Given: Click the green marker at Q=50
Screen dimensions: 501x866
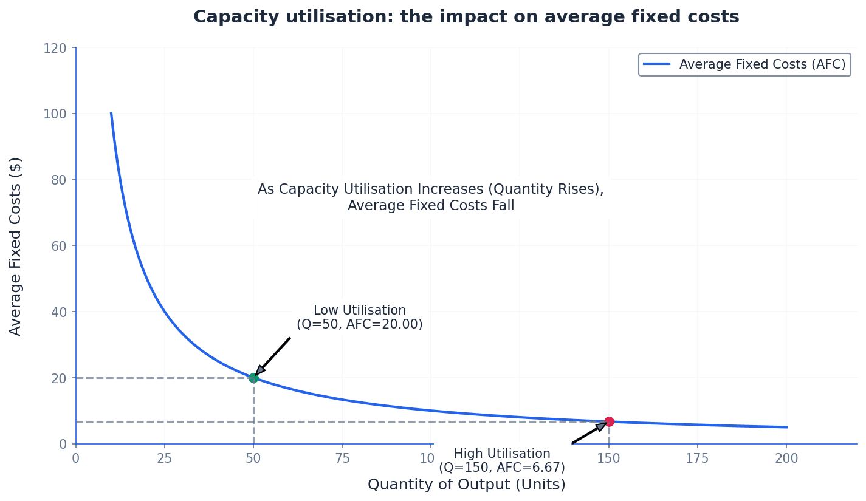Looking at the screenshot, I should coord(253,378).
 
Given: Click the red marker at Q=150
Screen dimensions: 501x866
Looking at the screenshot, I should coord(609,421).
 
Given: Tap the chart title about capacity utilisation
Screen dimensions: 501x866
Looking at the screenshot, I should coord(466,17).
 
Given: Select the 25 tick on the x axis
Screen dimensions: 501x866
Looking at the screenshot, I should coord(165,458).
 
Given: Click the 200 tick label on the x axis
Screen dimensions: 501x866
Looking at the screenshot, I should coord(786,458).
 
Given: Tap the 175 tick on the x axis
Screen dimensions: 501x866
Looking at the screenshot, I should coord(698,458).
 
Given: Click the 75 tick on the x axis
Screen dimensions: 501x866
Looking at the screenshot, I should coord(342,458).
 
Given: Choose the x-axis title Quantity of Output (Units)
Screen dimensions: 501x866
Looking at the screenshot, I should coord(466,485).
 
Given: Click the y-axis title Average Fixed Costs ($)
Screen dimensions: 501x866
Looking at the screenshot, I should coord(16,246).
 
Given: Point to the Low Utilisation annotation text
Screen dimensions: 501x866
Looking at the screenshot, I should coord(359,318).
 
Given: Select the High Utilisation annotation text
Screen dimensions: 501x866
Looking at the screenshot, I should coord(502,461).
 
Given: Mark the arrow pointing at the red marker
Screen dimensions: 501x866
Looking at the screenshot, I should coord(589,433).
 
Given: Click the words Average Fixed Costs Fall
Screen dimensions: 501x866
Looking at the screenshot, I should coord(431,206).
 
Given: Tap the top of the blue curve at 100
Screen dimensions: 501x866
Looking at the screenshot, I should coord(111,114).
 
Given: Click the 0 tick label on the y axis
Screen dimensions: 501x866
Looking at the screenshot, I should coord(63,444).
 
